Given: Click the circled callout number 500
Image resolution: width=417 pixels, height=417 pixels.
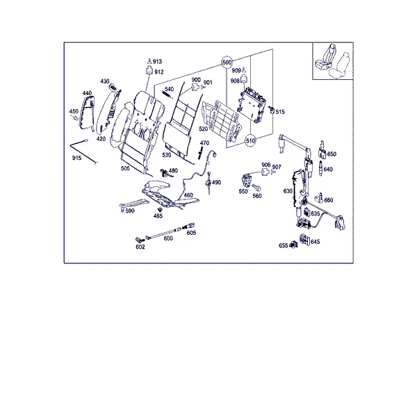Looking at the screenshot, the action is click(227, 63).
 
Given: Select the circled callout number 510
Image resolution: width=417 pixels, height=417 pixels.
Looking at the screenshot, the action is click(250, 140).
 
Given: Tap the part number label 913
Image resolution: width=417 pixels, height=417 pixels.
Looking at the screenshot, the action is click(157, 61).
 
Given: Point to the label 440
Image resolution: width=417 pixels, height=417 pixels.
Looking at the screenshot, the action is click(87, 93).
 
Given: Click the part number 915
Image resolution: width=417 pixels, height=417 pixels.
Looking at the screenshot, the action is click(76, 158).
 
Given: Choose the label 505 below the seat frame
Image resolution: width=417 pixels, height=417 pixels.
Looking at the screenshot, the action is click(125, 168).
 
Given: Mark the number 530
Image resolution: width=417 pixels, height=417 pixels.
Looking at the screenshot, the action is click(167, 155).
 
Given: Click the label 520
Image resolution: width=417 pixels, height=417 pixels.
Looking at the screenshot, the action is click(203, 129).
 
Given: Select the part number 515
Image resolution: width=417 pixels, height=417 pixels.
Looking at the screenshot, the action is click(280, 112).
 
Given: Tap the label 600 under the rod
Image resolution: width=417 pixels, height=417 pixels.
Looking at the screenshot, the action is click(168, 238).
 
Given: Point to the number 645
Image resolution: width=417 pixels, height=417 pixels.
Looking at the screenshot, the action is click(315, 242).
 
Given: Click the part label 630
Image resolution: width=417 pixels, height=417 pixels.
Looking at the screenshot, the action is click(288, 191).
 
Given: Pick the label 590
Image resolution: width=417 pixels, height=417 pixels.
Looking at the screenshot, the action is click(130, 211).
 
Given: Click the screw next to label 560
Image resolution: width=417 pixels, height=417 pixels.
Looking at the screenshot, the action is click(256, 188).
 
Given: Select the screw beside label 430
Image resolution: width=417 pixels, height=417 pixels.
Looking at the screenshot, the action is click(113, 87).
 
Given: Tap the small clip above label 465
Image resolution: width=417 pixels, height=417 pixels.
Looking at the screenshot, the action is click(160, 210).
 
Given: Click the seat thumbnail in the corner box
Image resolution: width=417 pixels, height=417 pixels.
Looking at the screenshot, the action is click(332, 61).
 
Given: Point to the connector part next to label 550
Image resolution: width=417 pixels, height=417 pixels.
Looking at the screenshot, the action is click(246, 180).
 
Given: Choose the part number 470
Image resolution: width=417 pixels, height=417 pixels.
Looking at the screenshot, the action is click(204, 143).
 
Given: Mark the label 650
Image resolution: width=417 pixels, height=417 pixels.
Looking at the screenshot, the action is click(332, 154).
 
